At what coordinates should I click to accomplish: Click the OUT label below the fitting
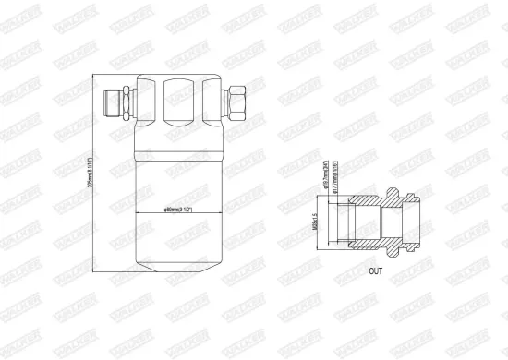coord(375,271)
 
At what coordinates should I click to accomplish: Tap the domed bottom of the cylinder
coord(176,262)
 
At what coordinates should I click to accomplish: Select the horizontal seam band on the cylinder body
coord(176,148)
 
